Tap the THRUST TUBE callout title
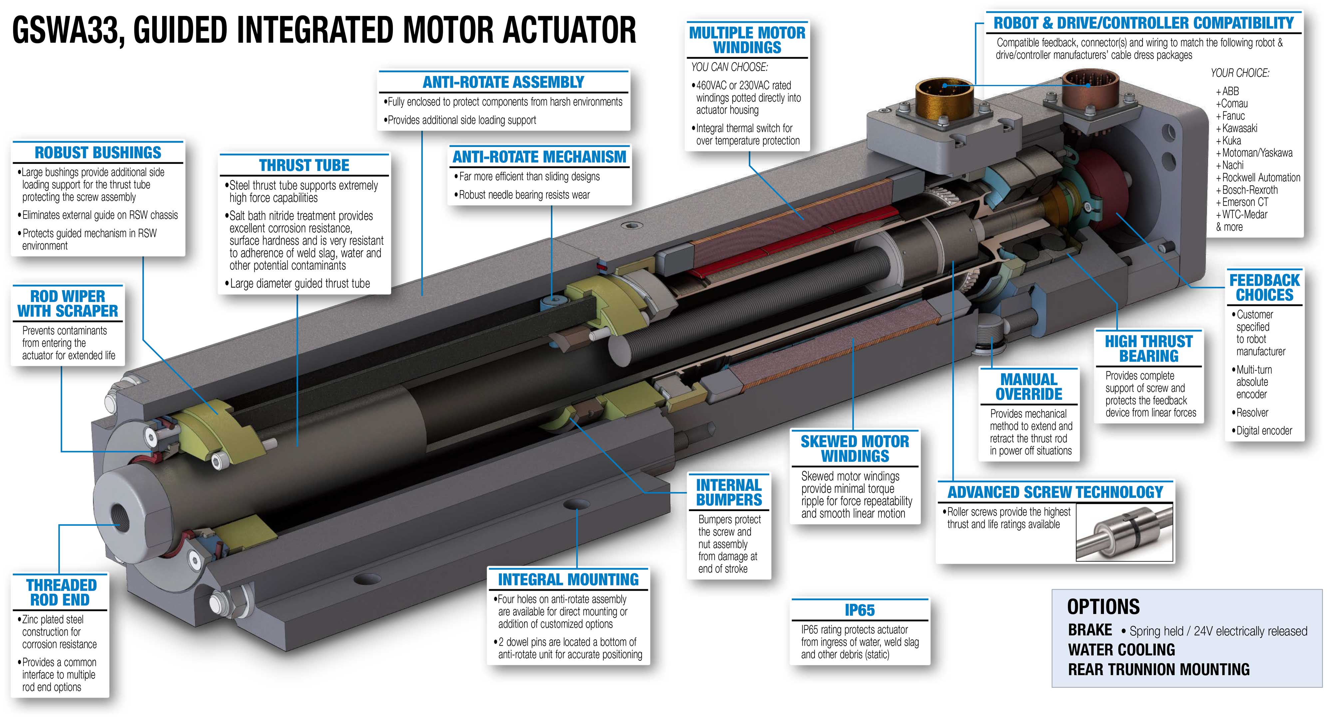[304, 166]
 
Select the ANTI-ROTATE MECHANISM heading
[539, 157]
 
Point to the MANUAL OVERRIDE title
[1029, 386]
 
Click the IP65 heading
[860, 610]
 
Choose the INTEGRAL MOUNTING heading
[568, 579]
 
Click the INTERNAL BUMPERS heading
[729, 492]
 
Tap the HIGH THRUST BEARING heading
[1149, 349]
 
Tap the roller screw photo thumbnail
[1124, 532]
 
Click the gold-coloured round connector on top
[944, 98]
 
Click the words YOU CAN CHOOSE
[730, 67]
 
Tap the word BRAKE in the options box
[1090, 630]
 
